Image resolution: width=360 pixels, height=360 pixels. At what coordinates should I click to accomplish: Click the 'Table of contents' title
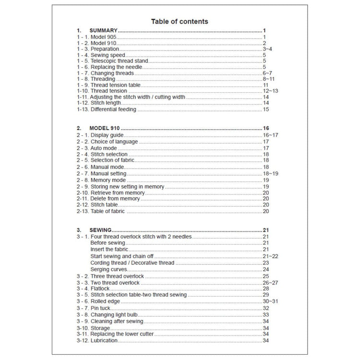point(180,21)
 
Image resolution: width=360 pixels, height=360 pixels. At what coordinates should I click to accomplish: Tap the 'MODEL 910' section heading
point(105,129)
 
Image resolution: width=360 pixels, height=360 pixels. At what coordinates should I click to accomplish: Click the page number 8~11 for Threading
point(268,79)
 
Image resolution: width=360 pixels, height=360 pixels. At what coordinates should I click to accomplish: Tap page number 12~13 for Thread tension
point(270,91)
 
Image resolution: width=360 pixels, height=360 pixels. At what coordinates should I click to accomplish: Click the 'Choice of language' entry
point(114,142)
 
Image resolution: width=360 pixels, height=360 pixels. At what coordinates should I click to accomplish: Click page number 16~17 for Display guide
point(270,136)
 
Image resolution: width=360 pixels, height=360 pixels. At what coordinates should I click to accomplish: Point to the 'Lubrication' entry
point(104,340)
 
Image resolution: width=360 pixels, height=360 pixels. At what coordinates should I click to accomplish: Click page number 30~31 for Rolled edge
point(270,301)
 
